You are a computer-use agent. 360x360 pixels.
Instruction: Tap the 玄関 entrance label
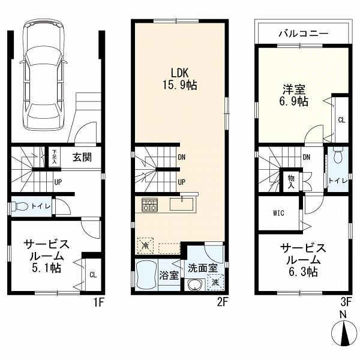(x=82, y=157)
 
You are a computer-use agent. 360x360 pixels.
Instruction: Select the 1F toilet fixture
(x=20, y=206)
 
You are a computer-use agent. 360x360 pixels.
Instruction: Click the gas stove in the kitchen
(x=149, y=205)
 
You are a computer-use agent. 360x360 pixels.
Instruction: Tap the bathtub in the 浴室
(x=146, y=275)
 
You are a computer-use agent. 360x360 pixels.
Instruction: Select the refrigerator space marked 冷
(x=145, y=245)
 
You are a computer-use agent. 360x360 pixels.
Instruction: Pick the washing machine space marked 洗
(x=215, y=283)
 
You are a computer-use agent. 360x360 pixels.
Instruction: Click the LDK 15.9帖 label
(x=180, y=79)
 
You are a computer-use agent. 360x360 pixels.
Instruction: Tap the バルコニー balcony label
(x=304, y=34)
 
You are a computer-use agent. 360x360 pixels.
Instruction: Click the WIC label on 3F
(x=278, y=213)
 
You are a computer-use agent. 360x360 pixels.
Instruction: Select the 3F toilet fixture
(x=337, y=156)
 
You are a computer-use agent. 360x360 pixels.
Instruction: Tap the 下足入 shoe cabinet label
(x=55, y=157)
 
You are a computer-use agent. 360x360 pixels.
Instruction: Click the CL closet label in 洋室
(x=341, y=120)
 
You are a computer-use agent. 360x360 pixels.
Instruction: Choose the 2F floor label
(x=222, y=302)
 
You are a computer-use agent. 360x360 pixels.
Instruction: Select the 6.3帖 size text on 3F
(x=303, y=272)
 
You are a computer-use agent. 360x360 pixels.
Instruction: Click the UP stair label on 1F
(x=58, y=182)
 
